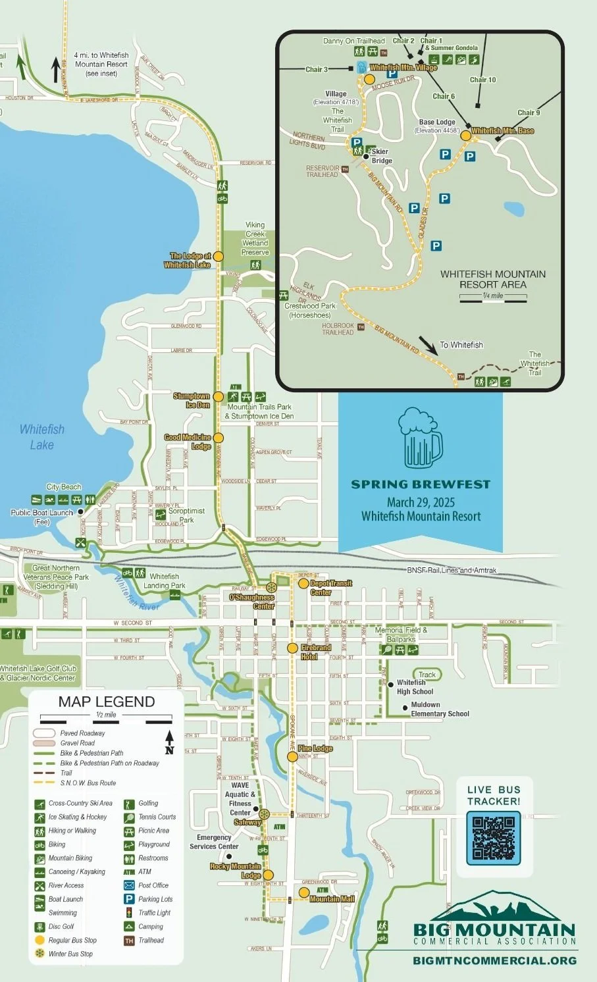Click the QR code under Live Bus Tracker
493,837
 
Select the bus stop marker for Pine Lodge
292,757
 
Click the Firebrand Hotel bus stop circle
292,648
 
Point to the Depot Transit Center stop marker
303,583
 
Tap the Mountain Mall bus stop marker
303,893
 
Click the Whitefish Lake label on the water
42,437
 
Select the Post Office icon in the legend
129,885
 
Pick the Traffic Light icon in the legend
129,913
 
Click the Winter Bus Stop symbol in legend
39,954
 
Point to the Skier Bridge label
381,156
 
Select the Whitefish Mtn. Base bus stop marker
465,136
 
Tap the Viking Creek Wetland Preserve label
255,238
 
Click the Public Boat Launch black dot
80,511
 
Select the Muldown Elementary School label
440,709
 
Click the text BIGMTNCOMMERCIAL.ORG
494,960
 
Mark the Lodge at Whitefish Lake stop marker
219,256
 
